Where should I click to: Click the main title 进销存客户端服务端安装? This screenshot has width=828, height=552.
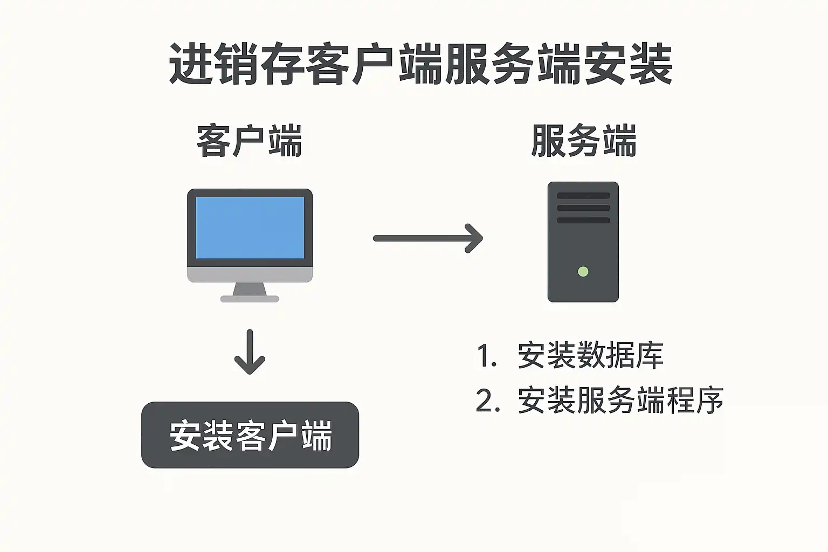coord(420,64)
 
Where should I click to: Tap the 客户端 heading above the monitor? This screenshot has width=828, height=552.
coord(249,141)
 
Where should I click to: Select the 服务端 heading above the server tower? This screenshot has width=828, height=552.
coord(584,141)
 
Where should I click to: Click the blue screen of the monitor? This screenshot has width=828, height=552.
coord(250,227)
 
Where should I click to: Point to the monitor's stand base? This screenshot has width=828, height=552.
coord(250,299)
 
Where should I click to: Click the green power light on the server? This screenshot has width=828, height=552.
coord(583,272)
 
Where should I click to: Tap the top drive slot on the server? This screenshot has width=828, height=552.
coord(583,196)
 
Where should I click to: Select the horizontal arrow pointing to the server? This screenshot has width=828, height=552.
coord(428,238)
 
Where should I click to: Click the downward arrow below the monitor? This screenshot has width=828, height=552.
coord(250,352)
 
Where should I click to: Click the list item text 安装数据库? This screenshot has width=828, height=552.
coord(590,355)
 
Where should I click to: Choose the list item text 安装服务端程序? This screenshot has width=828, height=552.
coord(620,401)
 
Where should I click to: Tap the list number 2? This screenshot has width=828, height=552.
coord(487,401)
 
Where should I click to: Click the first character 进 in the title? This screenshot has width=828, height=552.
coord(191,64)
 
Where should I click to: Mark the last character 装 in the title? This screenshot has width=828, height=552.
coord(651,64)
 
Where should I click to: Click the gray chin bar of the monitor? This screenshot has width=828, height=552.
coord(250,275)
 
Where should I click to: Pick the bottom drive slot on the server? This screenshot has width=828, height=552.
coord(583,220)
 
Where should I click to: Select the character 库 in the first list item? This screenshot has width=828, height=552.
coord(649,355)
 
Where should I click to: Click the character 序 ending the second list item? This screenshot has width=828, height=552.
coord(709,401)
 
